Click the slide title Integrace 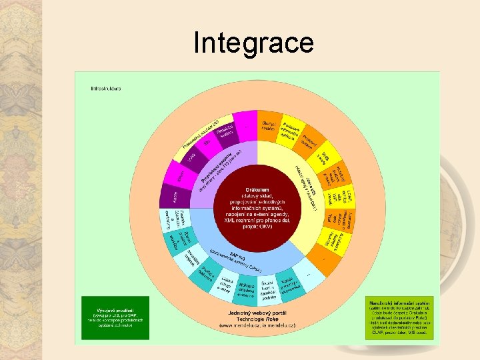[x=253, y=43]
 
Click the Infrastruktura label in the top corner [x=106, y=88]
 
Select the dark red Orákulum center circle [x=257, y=199]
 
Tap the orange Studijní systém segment [x=269, y=127]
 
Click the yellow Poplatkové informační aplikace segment [x=291, y=130]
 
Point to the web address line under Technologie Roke [x=257, y=325]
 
